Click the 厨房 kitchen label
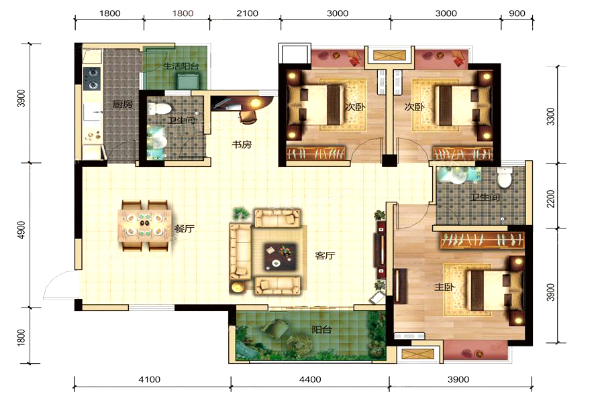coord(123,105)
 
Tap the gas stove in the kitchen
coord(92,78)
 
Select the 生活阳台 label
coord(181,66)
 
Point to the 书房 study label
coord(242,145)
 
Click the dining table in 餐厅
coord(145,226)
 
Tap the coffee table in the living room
coord(280,257)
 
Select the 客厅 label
coord(325,255)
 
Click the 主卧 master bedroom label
coord(444,287)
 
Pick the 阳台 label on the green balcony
coord(321,330)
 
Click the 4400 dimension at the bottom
coord(310,380)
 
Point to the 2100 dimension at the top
coord(247,13)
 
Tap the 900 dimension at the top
coord(517,13)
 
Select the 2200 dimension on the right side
coord(551,198)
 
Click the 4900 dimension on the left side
coord(21,230)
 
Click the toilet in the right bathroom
coord(504,177)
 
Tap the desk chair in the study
coord(249,117)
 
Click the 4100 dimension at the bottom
coord(150,380)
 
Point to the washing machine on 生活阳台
coord(188,81)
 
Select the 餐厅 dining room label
coord(185,228)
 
